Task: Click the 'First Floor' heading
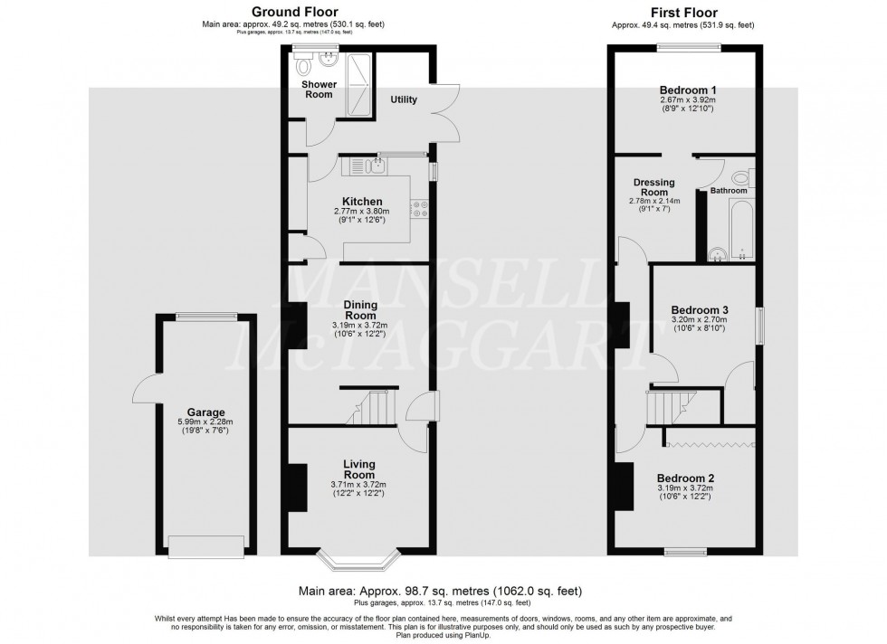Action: click(683, 13)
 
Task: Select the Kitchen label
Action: click(361, 202)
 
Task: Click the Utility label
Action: click(404, 99)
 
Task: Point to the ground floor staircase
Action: click(371, 407)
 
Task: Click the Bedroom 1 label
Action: click(683, 90)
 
